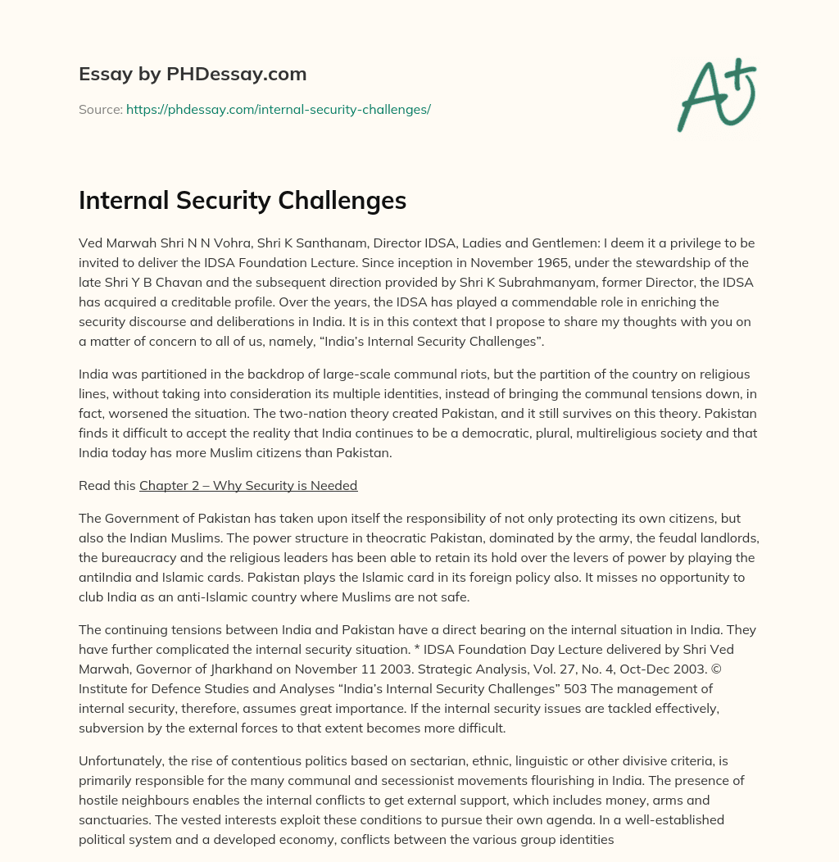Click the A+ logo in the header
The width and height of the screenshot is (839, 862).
click(715, 94)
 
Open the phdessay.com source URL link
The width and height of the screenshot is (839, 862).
click(278, 109)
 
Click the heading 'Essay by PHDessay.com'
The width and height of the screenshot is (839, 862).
click(193, 75)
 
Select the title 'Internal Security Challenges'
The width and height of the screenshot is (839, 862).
click(243, 201)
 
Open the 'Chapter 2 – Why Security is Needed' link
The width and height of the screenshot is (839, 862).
click(248, 485)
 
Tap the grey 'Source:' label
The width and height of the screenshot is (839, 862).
click(100, 109)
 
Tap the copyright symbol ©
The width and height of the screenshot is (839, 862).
click(746, 669)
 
